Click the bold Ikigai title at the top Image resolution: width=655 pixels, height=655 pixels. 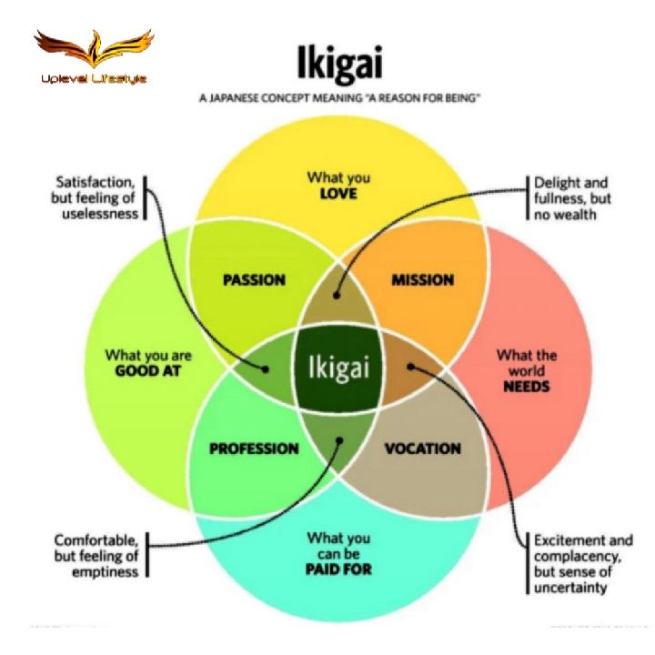pyautogui.click(x=338, y=64)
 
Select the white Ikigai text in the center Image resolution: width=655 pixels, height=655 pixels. pyautogui.click(x=338, y=368)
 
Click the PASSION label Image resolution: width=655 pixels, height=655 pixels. pyautogui.click(x=254, y=279)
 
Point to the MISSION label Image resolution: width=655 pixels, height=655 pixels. pyautogui.click(x=422, y=279)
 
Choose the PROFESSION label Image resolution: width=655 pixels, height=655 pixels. pyautogui.click(x=254, y=448)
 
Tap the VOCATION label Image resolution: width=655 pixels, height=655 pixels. pyautogui.click(x=422, y=448)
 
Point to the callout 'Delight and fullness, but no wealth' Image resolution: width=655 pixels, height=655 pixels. pyautogui.click(x=569, y=197)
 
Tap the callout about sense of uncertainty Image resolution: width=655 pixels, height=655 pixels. pyautogui.click(x=582, y=564)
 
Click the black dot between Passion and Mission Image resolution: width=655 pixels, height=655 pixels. pyautogui.click(x=338, y=295)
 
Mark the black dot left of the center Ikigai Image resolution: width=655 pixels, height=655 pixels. pyautogui.click(x=266, y=369)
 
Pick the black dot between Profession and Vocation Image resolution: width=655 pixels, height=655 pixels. pyautogui.click(x=339, y=441)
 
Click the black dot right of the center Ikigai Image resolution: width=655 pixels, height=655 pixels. pyautogui.click(x=411, y=368)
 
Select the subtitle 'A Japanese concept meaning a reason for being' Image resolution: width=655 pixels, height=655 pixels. pyautogui.click(x=339, y=98)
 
